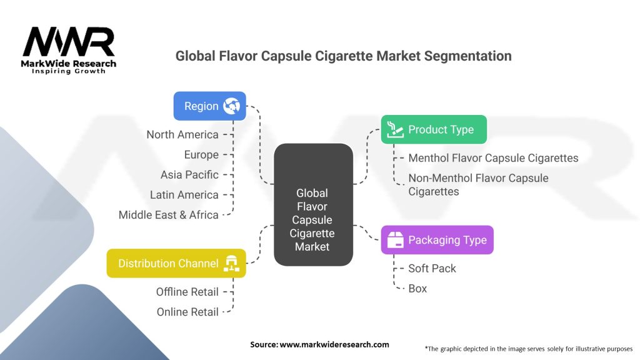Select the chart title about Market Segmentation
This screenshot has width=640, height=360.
tap(343, 56)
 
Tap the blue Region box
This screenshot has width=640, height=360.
tap(209, 106)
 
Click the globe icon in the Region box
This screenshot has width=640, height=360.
tap(231, 106)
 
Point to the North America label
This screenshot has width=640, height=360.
tap(182, 134)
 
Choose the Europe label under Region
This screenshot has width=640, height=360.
tap(201, 154)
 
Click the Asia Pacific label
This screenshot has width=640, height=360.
tap(189, 174)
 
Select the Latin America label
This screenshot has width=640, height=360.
tap(184, 194)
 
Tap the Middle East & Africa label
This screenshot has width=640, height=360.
tap(169, 214)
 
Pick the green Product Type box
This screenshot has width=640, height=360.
tap(434, 129)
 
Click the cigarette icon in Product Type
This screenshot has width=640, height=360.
tap(394, 129)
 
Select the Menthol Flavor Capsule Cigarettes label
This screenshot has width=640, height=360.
tap(493, 158)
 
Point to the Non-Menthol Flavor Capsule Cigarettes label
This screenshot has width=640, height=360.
tap(478, 184)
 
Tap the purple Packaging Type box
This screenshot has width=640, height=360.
tap(437, 240)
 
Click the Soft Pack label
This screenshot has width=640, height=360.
tap(432, 268)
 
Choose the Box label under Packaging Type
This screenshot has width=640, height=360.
tap(417, 288)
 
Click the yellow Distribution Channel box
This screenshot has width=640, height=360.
tap(176, 263)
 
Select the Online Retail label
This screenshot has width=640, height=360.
tap(187, 312)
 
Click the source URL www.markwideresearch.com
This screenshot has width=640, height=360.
tap(334, 344)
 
